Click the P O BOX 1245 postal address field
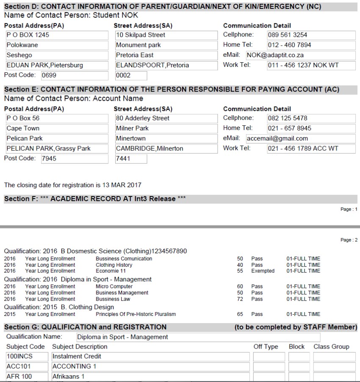point(56,35)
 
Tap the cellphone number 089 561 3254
point(310,35)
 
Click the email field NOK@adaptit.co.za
point(300,55)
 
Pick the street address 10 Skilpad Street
point(165,35)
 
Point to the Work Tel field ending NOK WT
point(310,65)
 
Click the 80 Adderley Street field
point(165,118)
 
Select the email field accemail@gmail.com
point(300,138)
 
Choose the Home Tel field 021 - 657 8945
point(310,128)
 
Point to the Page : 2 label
point(349,240)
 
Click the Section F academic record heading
point(95,199)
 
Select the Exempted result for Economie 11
point(263,271)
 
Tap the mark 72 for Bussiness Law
point(240,299)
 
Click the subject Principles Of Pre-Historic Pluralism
point(136,314)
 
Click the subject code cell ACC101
point(27,366)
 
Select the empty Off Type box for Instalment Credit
point(269,356)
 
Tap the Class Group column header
point(331,346)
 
